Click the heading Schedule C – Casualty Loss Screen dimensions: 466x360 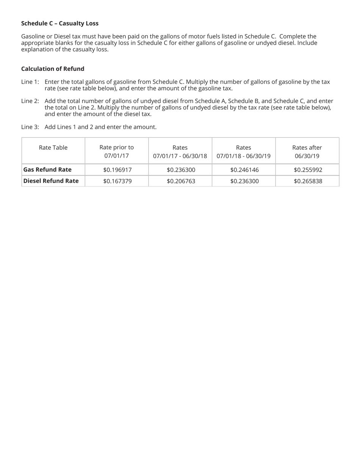(59, 23)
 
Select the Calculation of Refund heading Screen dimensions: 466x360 (53, 69)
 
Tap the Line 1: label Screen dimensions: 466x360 (30, 82)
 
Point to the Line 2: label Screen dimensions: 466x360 (30, 101)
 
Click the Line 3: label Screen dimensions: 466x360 (30, 127)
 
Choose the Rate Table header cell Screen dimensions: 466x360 (53, 147)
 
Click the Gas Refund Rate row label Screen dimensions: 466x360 (47, 169)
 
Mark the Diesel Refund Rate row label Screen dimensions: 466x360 (51, 181)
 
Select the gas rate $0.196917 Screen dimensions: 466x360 (117, 170)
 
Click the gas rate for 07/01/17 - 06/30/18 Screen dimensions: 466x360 (181, 170)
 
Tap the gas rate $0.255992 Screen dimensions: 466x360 (308, 170)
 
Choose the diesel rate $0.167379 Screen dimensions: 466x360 (117, 181)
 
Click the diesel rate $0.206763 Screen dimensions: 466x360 (181, 181)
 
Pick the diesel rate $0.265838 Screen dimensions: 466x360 (308, 181)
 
